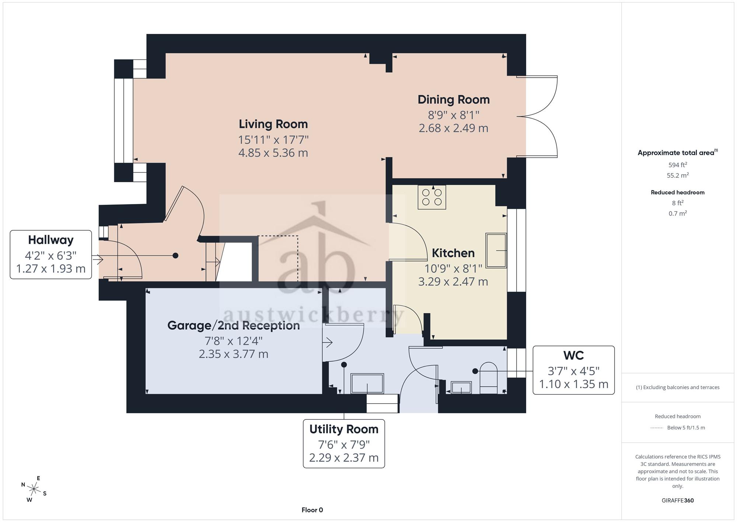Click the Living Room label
[x=273, y=124]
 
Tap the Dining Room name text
[x=454, y=100]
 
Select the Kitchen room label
[x=453, y=253]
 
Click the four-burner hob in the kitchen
[x=432, y=197]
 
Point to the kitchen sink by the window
[x=496, y=250]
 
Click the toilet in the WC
[x=489, y=378]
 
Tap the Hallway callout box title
[x=51, y=240]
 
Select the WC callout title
[x=574, y=356]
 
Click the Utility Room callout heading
[x=344, y=429]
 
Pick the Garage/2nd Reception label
[x=234, y=325]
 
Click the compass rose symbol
[x=34, y=490]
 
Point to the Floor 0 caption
[x=312, y=510]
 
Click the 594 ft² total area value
[x=678, y=165]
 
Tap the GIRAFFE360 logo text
[x=678, y=501]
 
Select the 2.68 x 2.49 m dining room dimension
[x=454, y=128]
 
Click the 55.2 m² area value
[x=678, y=175]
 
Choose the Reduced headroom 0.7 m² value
[x=678, y=213]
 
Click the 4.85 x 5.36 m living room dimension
[x=273, y=153]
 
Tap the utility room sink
[x=367, y=384]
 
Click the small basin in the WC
[x=461, y=388]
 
